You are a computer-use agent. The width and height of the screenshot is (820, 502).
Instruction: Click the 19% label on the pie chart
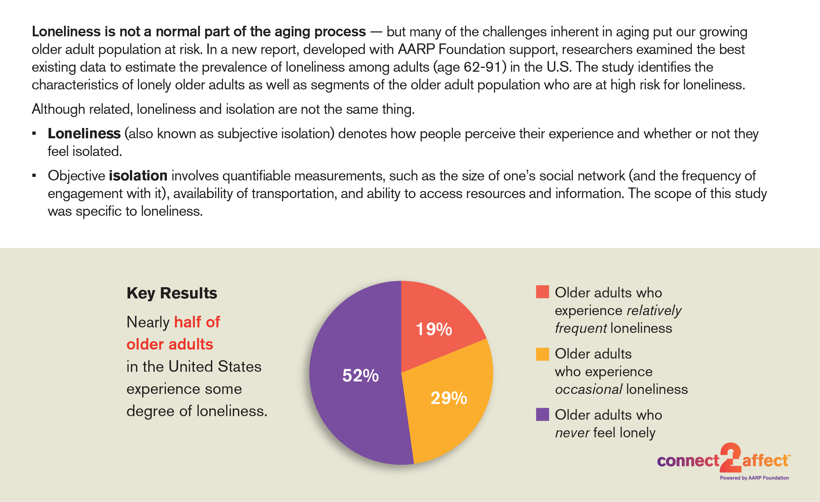tap(434, 329)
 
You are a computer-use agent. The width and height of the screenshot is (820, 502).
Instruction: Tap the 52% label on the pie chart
tap(360, 376)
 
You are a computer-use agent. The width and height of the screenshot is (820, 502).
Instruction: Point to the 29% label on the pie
tap(449, 398)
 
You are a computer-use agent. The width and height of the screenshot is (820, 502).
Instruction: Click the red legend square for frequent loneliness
tap(542, 292)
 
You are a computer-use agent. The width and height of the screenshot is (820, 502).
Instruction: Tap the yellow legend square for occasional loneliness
tap(542, 354)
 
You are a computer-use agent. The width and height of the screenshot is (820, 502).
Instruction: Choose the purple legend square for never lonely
tap(542, 415)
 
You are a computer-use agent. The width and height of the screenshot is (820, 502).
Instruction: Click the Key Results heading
tap(172, 293)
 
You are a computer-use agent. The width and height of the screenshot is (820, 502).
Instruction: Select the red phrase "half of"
tap(197, 322)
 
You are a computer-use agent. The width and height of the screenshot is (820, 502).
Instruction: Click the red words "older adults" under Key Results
tap(170, 344)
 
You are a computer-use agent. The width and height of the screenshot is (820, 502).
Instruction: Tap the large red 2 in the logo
tap(731, 458)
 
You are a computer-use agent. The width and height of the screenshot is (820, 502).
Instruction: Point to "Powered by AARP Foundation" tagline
tap(754, 478)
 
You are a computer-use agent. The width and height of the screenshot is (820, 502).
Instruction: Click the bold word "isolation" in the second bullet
tap(138, 176)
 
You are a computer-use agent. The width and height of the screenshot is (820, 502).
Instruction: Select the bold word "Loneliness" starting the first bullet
tap(84, 133)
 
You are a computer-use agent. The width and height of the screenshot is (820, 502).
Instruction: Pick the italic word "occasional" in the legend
tap(589, 389)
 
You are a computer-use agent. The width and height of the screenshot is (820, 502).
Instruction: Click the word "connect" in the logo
tap(688, 461)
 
